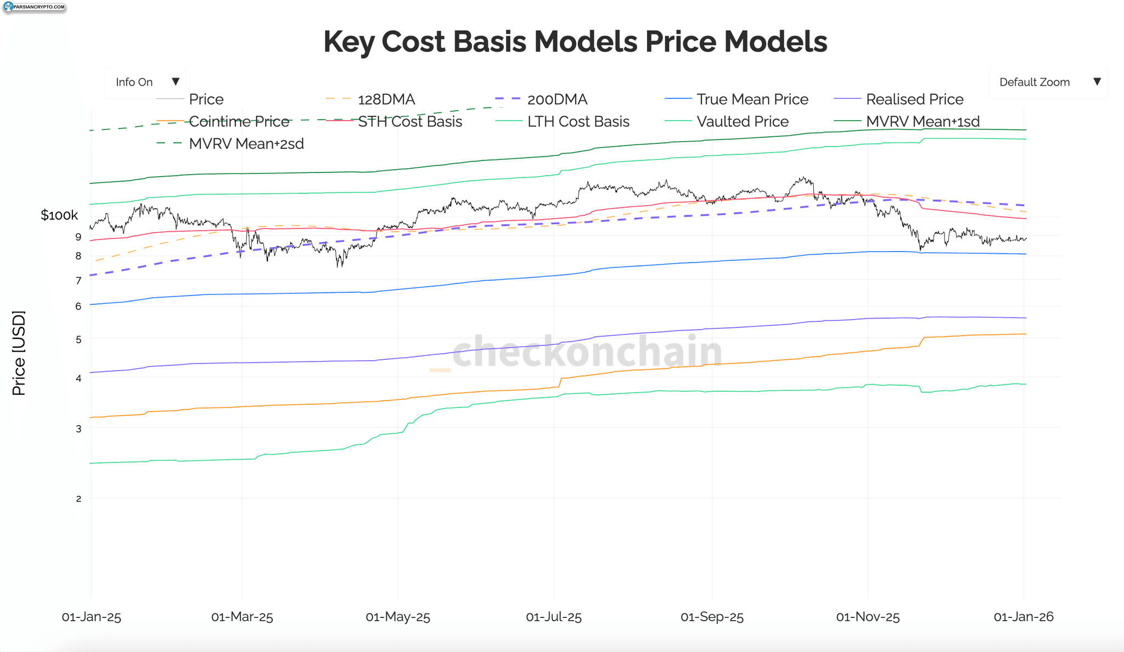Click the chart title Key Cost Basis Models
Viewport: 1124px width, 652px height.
[x=480, y=42]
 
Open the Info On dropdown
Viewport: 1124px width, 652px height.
[x=145, y=82]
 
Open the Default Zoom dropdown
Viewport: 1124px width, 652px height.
[x=1048, y=82]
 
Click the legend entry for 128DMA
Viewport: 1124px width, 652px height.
[x=370, y=99]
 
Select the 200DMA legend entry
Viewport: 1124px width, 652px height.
[x=541, y=99]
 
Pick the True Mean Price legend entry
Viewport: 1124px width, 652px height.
[x=736, y=99]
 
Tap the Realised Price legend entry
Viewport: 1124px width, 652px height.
[x=898, y=99]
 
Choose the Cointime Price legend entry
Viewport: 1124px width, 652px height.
[x=223, y=121]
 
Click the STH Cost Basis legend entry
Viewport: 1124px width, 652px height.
[x=394, y=121]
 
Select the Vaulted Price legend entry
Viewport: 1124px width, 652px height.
[x=726, y=121]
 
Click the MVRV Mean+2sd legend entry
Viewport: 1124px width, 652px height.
[x=230, y=144]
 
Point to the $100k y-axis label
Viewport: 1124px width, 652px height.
[x=59, y=215]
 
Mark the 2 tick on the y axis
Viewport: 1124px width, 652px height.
[x=78, y=499]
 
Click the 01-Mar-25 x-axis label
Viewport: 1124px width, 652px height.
[x=242, y=617]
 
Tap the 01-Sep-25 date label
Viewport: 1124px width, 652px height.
[x=712, y=617]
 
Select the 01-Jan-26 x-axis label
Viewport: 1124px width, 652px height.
[x=1024, y=617]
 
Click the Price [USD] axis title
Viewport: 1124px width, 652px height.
[x=19, y=353]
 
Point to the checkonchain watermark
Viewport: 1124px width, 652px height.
[x=576, y=352]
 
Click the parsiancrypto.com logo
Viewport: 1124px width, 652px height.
[x=34, y=7]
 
